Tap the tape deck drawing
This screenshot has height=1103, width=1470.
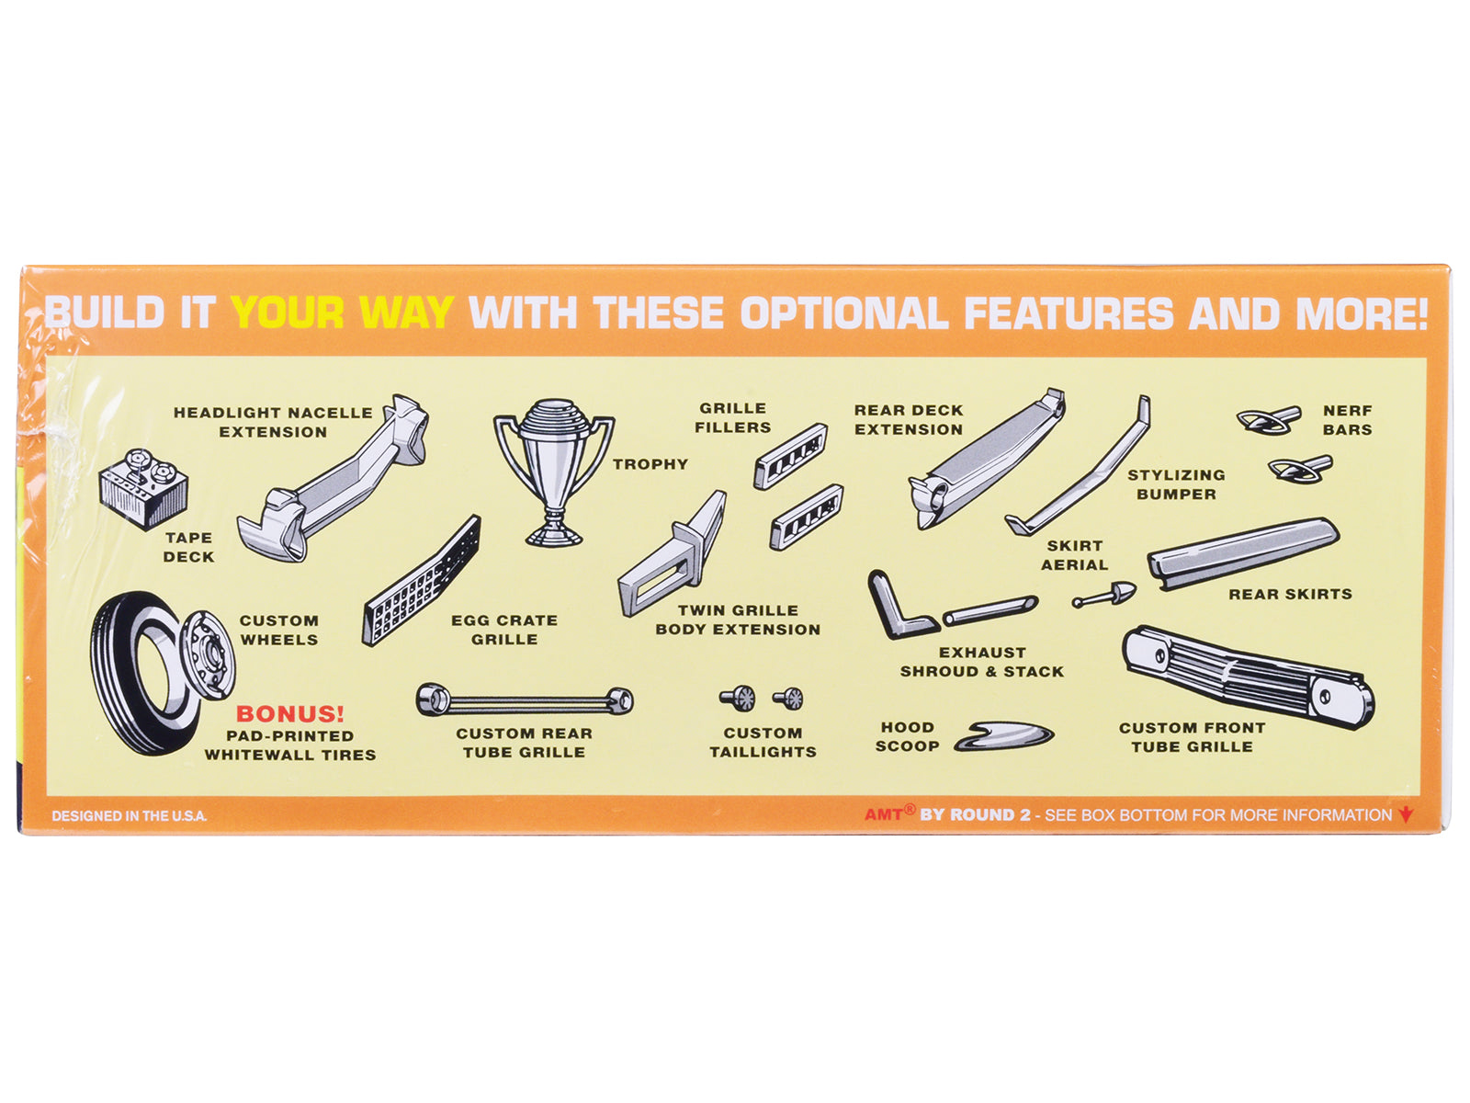pyautogui.click(x=143, y=488)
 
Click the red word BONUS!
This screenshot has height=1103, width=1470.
pyautogui.click(x=290, y=714)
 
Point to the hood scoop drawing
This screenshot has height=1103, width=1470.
pyautogui.click(x=1003, y=736)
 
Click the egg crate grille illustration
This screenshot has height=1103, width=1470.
pyautogui.click(x=421, y=581)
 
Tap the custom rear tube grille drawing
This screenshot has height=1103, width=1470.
pyautogui.click(x=525, y=700)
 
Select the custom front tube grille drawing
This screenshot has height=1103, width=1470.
pyautogui.click(x=1248, y=677)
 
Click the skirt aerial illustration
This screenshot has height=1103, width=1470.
pyautogui.click(x=1104, y=595)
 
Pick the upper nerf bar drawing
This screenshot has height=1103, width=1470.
pyautogui.click(x=1269, y=419)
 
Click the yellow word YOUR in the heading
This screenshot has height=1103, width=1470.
pyautogui.click(x=288, y=313)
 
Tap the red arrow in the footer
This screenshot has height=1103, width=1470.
pyautogui.click(x=1406, y=814)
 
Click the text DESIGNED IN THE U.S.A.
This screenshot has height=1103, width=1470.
pyautogui.click(x=130, y=815)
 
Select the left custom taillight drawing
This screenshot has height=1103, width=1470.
pyautogui.click(x=738, y=698)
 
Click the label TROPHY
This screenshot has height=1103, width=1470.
pyautogui.click(x=650, y=464)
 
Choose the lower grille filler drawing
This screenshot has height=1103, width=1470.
pyautogui.click(x=807, y=517)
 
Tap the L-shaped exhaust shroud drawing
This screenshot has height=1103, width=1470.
pyautogui.click(x=900, y=606)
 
